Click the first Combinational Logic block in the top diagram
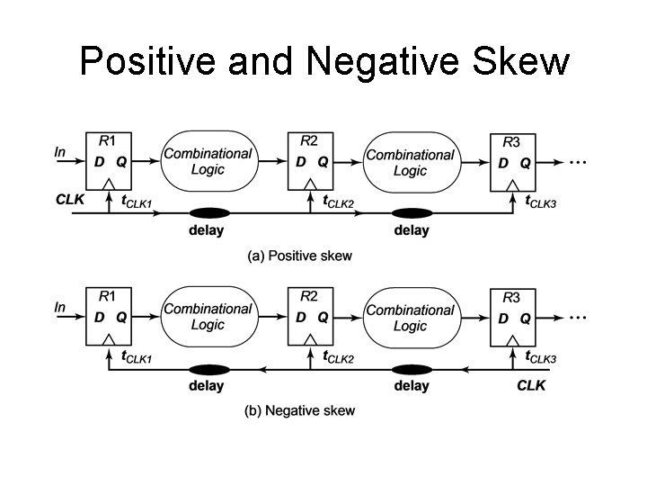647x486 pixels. pos(208,161)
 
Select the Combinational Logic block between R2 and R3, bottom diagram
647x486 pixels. pos(410,318)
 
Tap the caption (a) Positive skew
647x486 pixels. pos(300,256)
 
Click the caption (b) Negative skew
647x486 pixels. pos(300,411)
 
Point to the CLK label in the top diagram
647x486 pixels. pos(69,200)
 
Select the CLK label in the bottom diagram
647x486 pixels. pos(530,385)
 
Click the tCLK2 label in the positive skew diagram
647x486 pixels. pos(338,202)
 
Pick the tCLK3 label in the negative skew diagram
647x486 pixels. pos(540,357)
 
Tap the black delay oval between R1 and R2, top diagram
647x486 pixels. pos(208,213)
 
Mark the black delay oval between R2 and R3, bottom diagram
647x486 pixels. pos(412,369)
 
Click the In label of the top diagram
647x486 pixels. pos(60,152)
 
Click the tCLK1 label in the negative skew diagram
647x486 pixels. pos(136,357)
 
